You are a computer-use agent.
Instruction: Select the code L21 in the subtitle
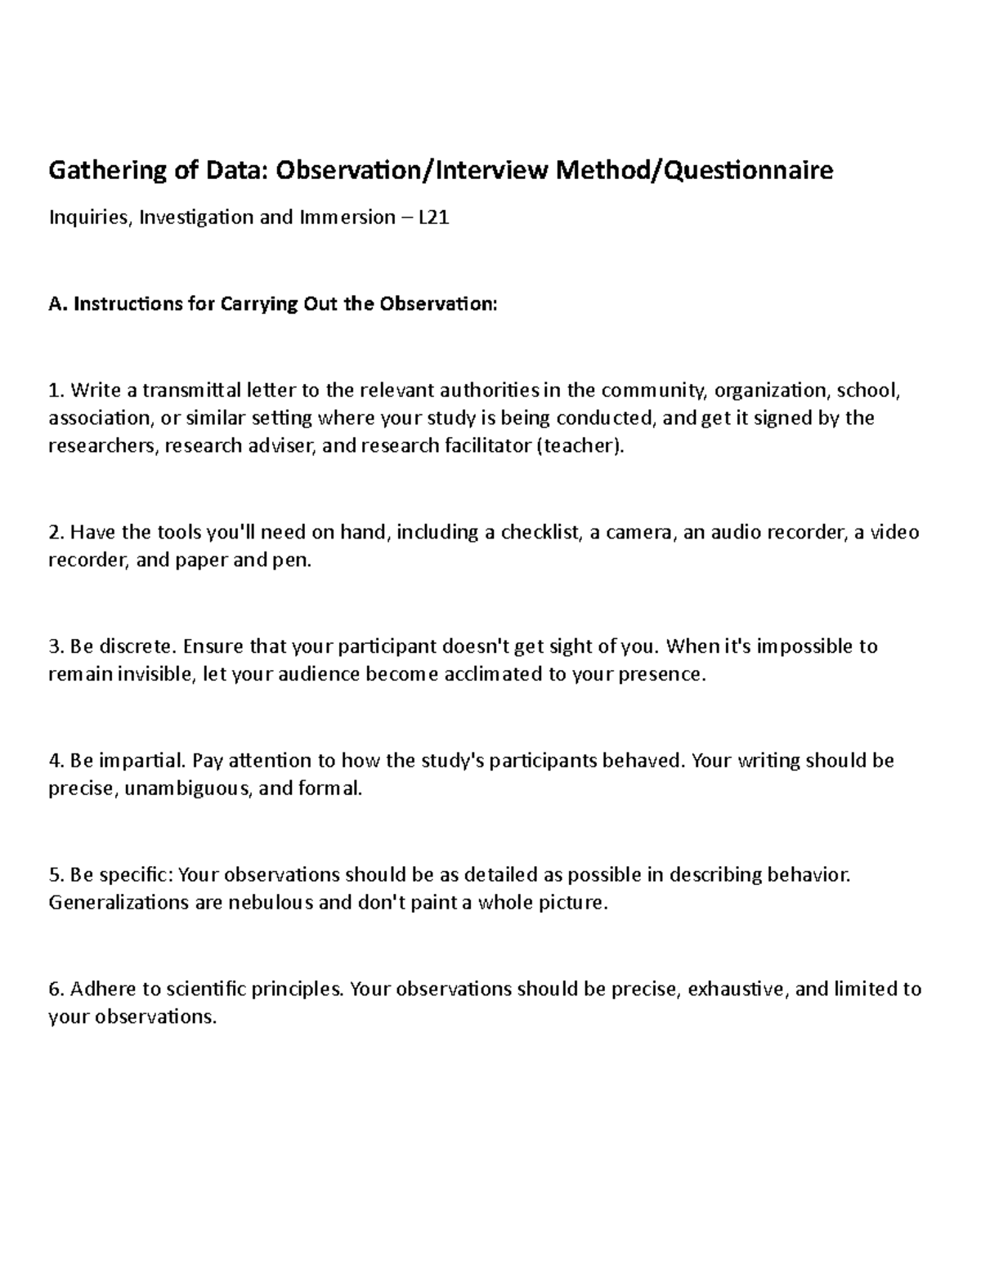point(433,217)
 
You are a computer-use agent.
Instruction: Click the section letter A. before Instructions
point(56,305)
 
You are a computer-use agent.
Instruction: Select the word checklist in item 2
point(540,533)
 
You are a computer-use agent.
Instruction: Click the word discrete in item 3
point(137,646)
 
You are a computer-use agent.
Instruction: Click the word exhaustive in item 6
point(738,990)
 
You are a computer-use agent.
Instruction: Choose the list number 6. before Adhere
point(56,990)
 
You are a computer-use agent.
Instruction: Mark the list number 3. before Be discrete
point(56,646)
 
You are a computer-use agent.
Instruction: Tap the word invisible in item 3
point(158,675)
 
